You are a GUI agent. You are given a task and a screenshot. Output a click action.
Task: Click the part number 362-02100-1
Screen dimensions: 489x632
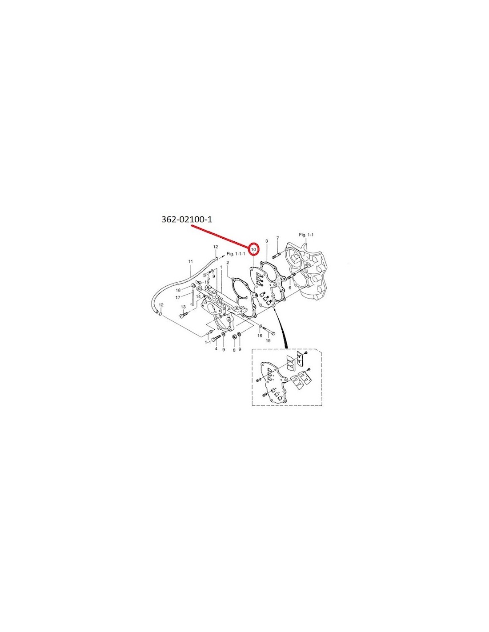186,219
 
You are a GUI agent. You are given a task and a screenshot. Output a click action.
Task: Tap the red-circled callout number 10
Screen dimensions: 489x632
253,249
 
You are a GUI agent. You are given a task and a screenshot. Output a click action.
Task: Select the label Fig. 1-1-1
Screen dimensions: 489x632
236,254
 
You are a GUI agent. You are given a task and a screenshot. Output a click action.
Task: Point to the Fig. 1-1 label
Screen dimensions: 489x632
306,234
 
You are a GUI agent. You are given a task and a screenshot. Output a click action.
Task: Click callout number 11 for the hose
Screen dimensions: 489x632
191,261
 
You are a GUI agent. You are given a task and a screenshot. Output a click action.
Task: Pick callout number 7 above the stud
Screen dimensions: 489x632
277,238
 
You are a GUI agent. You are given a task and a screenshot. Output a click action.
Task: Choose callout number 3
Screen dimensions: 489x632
266,241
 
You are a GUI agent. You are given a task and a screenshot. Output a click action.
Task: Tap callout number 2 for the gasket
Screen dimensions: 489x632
228,263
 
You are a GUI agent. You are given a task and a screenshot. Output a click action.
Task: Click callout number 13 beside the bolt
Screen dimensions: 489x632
183,307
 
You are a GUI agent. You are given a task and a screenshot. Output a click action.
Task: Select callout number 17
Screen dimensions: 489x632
178,297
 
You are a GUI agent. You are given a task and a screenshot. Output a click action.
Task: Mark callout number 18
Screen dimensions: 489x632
178,290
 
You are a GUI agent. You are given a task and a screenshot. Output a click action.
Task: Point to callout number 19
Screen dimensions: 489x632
207,282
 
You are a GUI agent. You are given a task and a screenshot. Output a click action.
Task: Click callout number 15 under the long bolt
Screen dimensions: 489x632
268,340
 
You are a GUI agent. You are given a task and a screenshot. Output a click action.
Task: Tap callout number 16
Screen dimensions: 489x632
260,336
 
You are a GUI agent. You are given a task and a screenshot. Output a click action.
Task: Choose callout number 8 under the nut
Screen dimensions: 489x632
234,350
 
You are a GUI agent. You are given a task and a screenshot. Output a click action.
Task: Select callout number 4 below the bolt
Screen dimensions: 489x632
216,349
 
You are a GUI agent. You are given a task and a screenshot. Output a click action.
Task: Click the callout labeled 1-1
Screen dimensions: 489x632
208,342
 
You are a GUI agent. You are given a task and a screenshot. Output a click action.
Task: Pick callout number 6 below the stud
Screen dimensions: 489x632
290,288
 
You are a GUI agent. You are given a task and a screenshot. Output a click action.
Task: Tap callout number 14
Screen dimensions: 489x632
198,296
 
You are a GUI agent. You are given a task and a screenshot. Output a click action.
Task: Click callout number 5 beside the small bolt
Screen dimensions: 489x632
208,278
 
